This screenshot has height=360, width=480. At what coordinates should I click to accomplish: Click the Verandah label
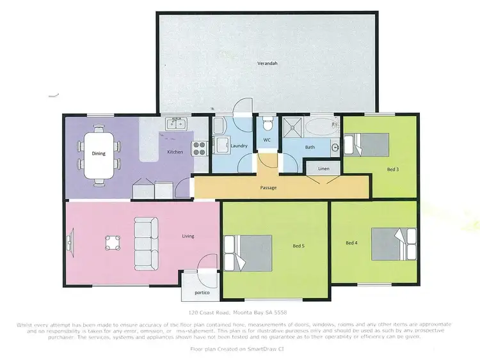[266, 65]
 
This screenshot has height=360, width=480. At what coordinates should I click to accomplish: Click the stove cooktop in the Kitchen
[200, 148]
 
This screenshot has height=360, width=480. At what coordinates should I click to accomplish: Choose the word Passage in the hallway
[268, 188]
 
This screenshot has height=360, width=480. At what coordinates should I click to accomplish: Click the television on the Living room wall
[68, 242]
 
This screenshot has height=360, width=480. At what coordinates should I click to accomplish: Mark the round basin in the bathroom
[335, 146]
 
